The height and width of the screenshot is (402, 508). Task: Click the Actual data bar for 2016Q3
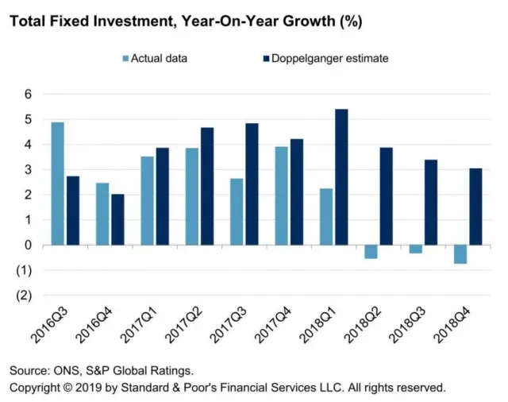57,184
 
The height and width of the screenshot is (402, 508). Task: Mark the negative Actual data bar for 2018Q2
371,252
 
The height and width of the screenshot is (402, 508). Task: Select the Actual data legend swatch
125,58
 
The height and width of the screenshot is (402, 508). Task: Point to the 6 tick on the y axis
27,94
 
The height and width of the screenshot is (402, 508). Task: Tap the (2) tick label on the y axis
25,296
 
